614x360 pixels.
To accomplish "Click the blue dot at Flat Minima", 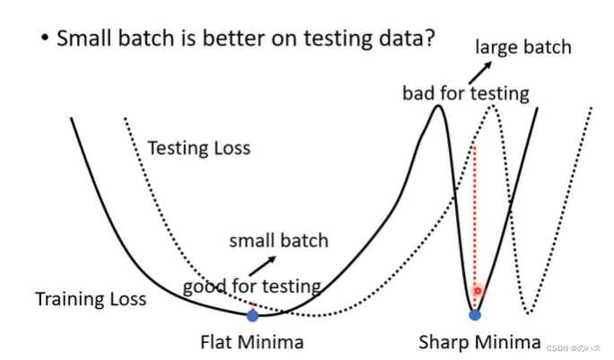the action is tap(252, 316).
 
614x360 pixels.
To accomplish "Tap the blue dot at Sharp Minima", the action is tap(475, 314).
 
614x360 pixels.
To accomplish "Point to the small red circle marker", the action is tap(478, 291).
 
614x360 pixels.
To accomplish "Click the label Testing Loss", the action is tap(199, 148).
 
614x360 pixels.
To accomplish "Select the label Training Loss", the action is tap(91, 299).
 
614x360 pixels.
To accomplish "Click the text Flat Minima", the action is tap(252, 342).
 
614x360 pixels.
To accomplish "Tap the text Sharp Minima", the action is tap(479, 342).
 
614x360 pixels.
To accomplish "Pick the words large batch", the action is tap(523, 48).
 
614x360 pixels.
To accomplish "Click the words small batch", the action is tap(279, 241).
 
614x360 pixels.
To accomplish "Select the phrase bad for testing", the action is tap(466, 93).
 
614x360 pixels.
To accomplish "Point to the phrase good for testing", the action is tap(252, 286).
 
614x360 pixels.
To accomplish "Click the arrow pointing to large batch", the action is tap(480, 73).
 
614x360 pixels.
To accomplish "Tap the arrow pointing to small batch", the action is tap(262, 266).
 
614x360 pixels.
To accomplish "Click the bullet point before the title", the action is tap(45, 38).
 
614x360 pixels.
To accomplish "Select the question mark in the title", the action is tap(429, 38).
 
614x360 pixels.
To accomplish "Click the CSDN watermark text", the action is tap(574, 348).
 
